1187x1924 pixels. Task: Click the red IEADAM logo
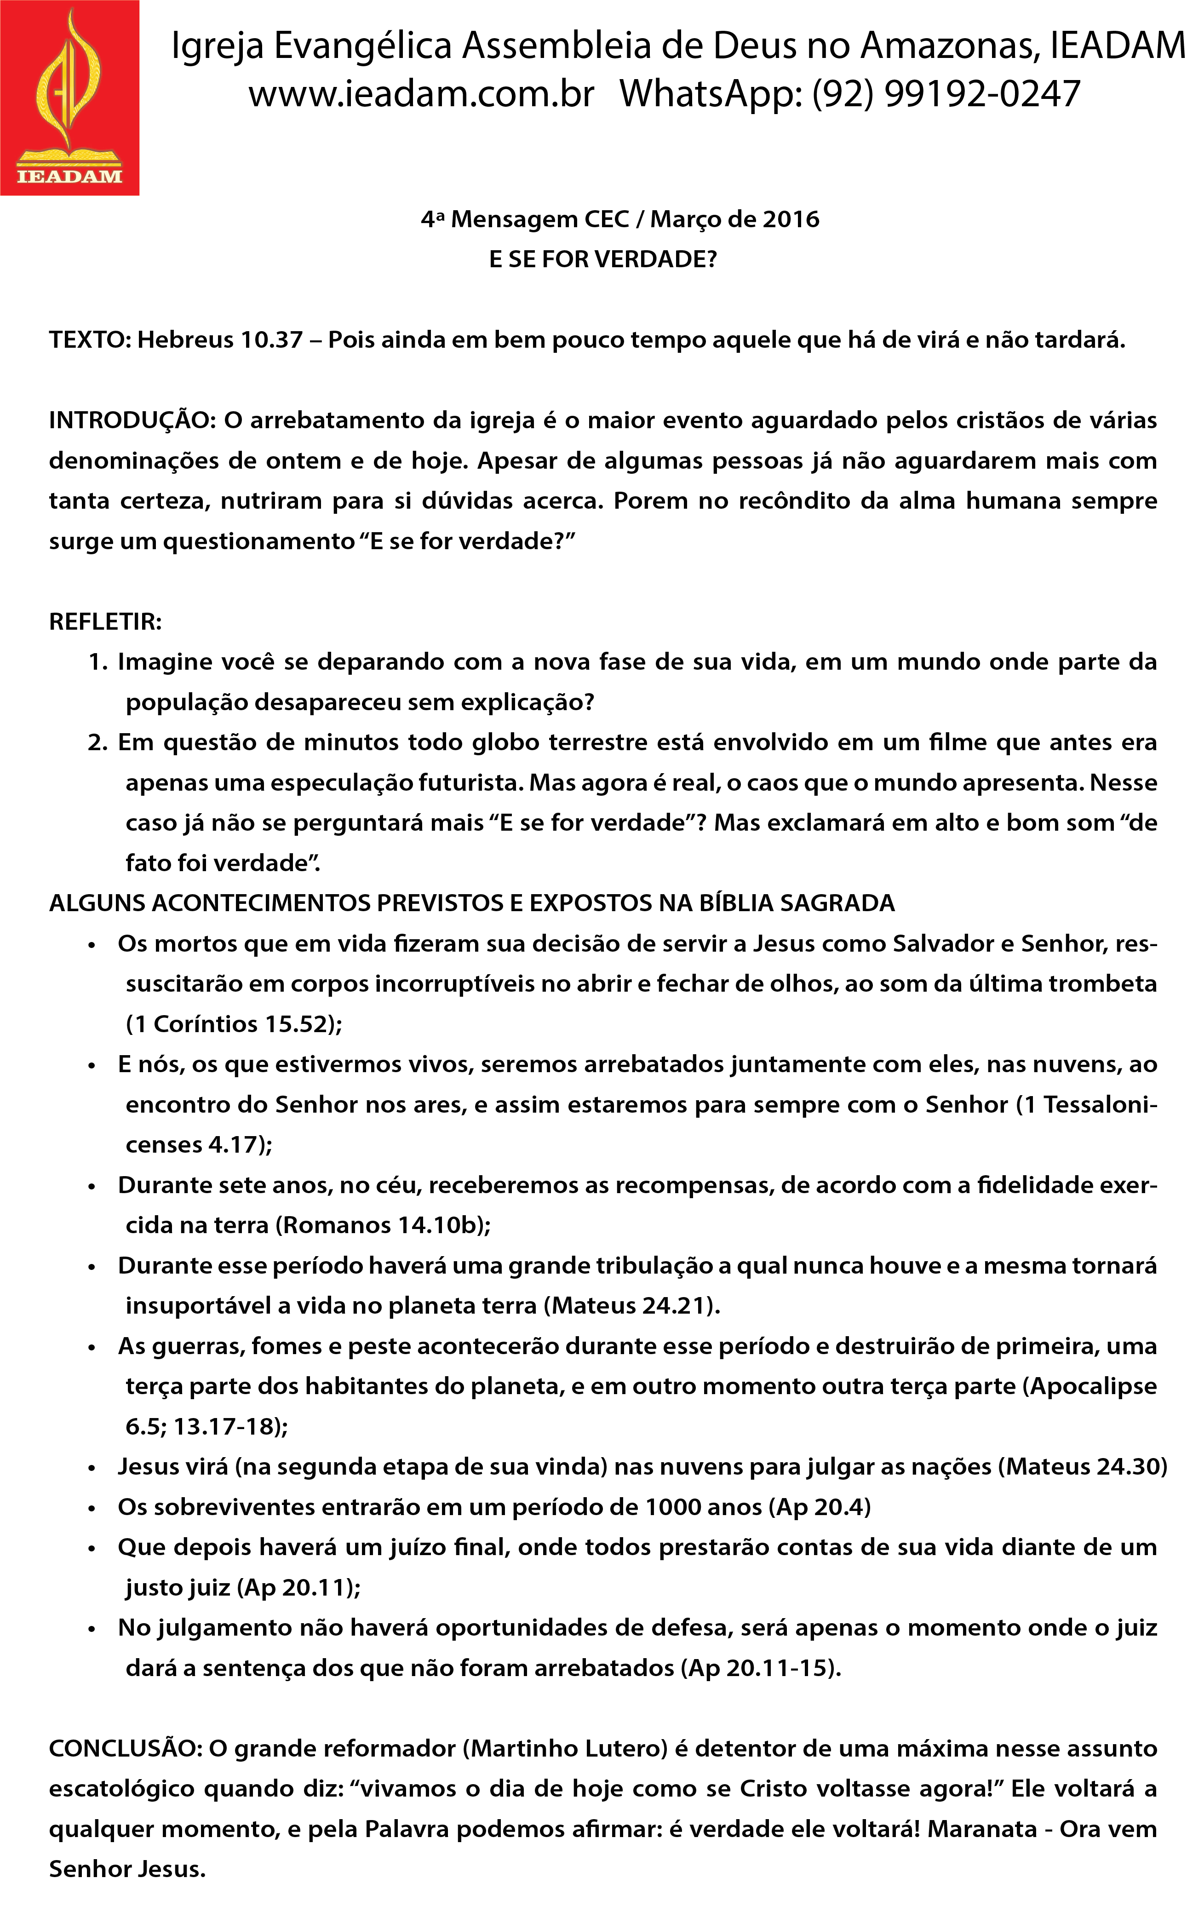tap(69, 98)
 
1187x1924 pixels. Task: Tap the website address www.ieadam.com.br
tap(422, 94)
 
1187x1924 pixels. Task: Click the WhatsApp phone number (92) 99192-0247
tap(946, 94)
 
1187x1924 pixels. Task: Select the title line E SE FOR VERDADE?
tap(603, 259)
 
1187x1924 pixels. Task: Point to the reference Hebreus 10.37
tap(220, 340)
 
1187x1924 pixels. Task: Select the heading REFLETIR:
tap(105, 622)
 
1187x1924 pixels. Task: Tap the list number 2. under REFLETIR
tap(97, 742)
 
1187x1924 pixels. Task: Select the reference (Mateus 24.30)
tap(1082, 1466)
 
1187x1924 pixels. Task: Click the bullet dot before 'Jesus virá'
tap(92, 1468)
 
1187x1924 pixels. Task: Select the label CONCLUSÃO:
tap(126, 1749)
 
